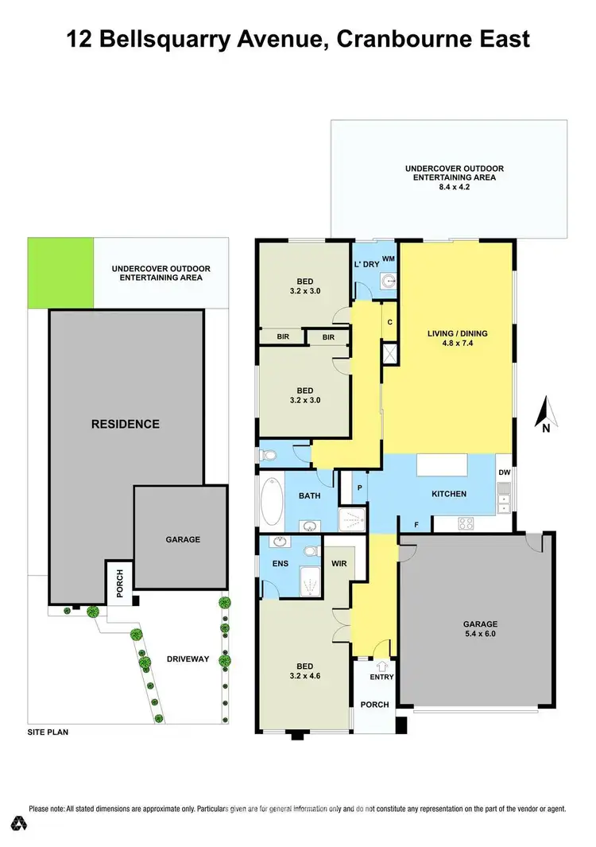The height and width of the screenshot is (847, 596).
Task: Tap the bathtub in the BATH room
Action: pos(272,502)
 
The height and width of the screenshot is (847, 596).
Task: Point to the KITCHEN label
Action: pos(449,494)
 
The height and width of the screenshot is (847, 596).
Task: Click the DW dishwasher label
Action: pos(504,472)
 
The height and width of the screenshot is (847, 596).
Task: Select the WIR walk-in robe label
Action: pos(338,563)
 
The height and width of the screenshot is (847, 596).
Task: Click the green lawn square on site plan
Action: pos(60,273)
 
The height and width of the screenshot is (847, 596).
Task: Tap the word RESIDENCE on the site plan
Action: pos(126,424)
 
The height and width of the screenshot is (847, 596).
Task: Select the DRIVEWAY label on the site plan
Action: pos(188,659)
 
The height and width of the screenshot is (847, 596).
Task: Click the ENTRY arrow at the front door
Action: pos(381,666)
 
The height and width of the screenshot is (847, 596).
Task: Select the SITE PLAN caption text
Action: pos(48,732)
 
